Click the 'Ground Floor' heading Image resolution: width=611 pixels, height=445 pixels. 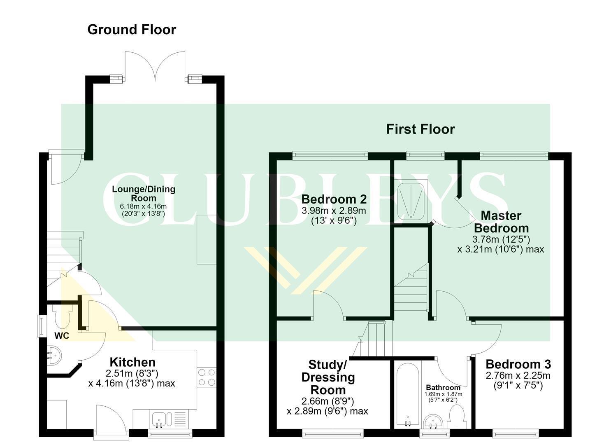click(x=132, y=30)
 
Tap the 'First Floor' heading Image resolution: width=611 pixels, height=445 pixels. click(x=420, y=129)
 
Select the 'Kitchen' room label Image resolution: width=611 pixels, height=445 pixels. click(x=132, y=362)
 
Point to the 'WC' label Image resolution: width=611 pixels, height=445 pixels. click(x=62, y=336)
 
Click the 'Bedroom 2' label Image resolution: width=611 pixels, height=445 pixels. click(x=334, y=199)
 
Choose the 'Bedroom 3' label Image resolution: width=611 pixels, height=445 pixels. click(x=518, y=364)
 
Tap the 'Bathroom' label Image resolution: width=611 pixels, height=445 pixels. click(x=443, y=387)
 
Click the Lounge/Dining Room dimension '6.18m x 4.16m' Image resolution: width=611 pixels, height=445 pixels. click(x=143, y=206)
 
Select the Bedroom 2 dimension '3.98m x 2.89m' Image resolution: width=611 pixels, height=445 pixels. click(x=334, y=211)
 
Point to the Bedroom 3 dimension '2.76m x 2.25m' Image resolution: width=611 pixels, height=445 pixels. click(x=518, y=376)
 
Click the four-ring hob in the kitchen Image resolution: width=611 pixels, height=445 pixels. click(x=207, y=377)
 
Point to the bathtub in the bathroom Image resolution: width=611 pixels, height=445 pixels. click(x=408, y=395)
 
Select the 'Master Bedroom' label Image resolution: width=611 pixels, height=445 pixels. click(x=501, y=222)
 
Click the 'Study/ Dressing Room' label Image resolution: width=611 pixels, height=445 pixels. click(x=328, y=377)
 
